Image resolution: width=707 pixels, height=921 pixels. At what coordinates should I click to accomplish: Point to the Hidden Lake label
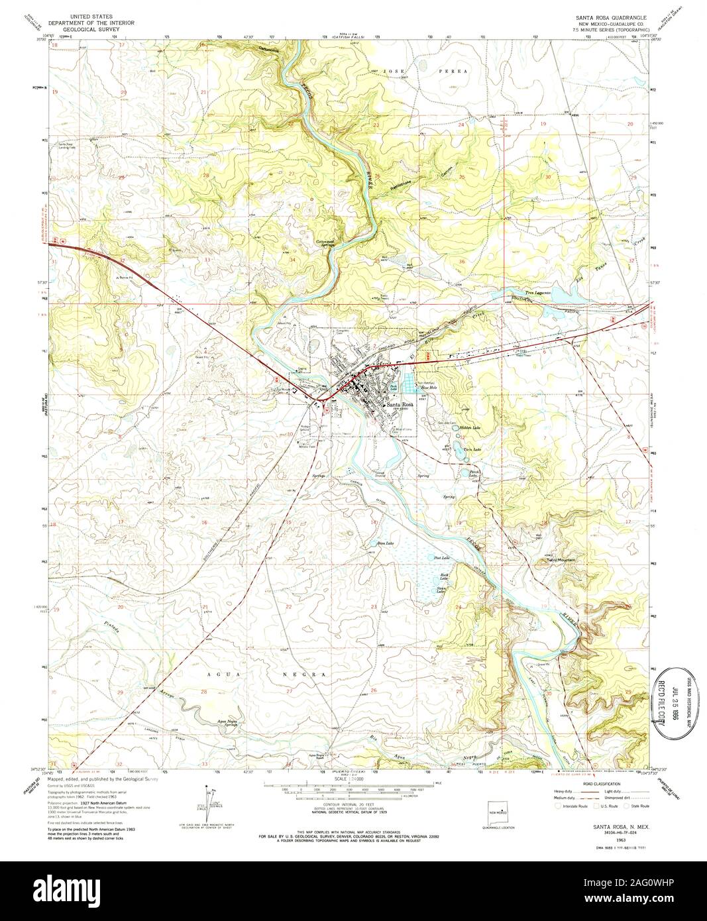click(470, 429)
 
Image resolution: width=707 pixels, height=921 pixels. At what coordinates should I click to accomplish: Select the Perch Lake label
click(474, 474)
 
